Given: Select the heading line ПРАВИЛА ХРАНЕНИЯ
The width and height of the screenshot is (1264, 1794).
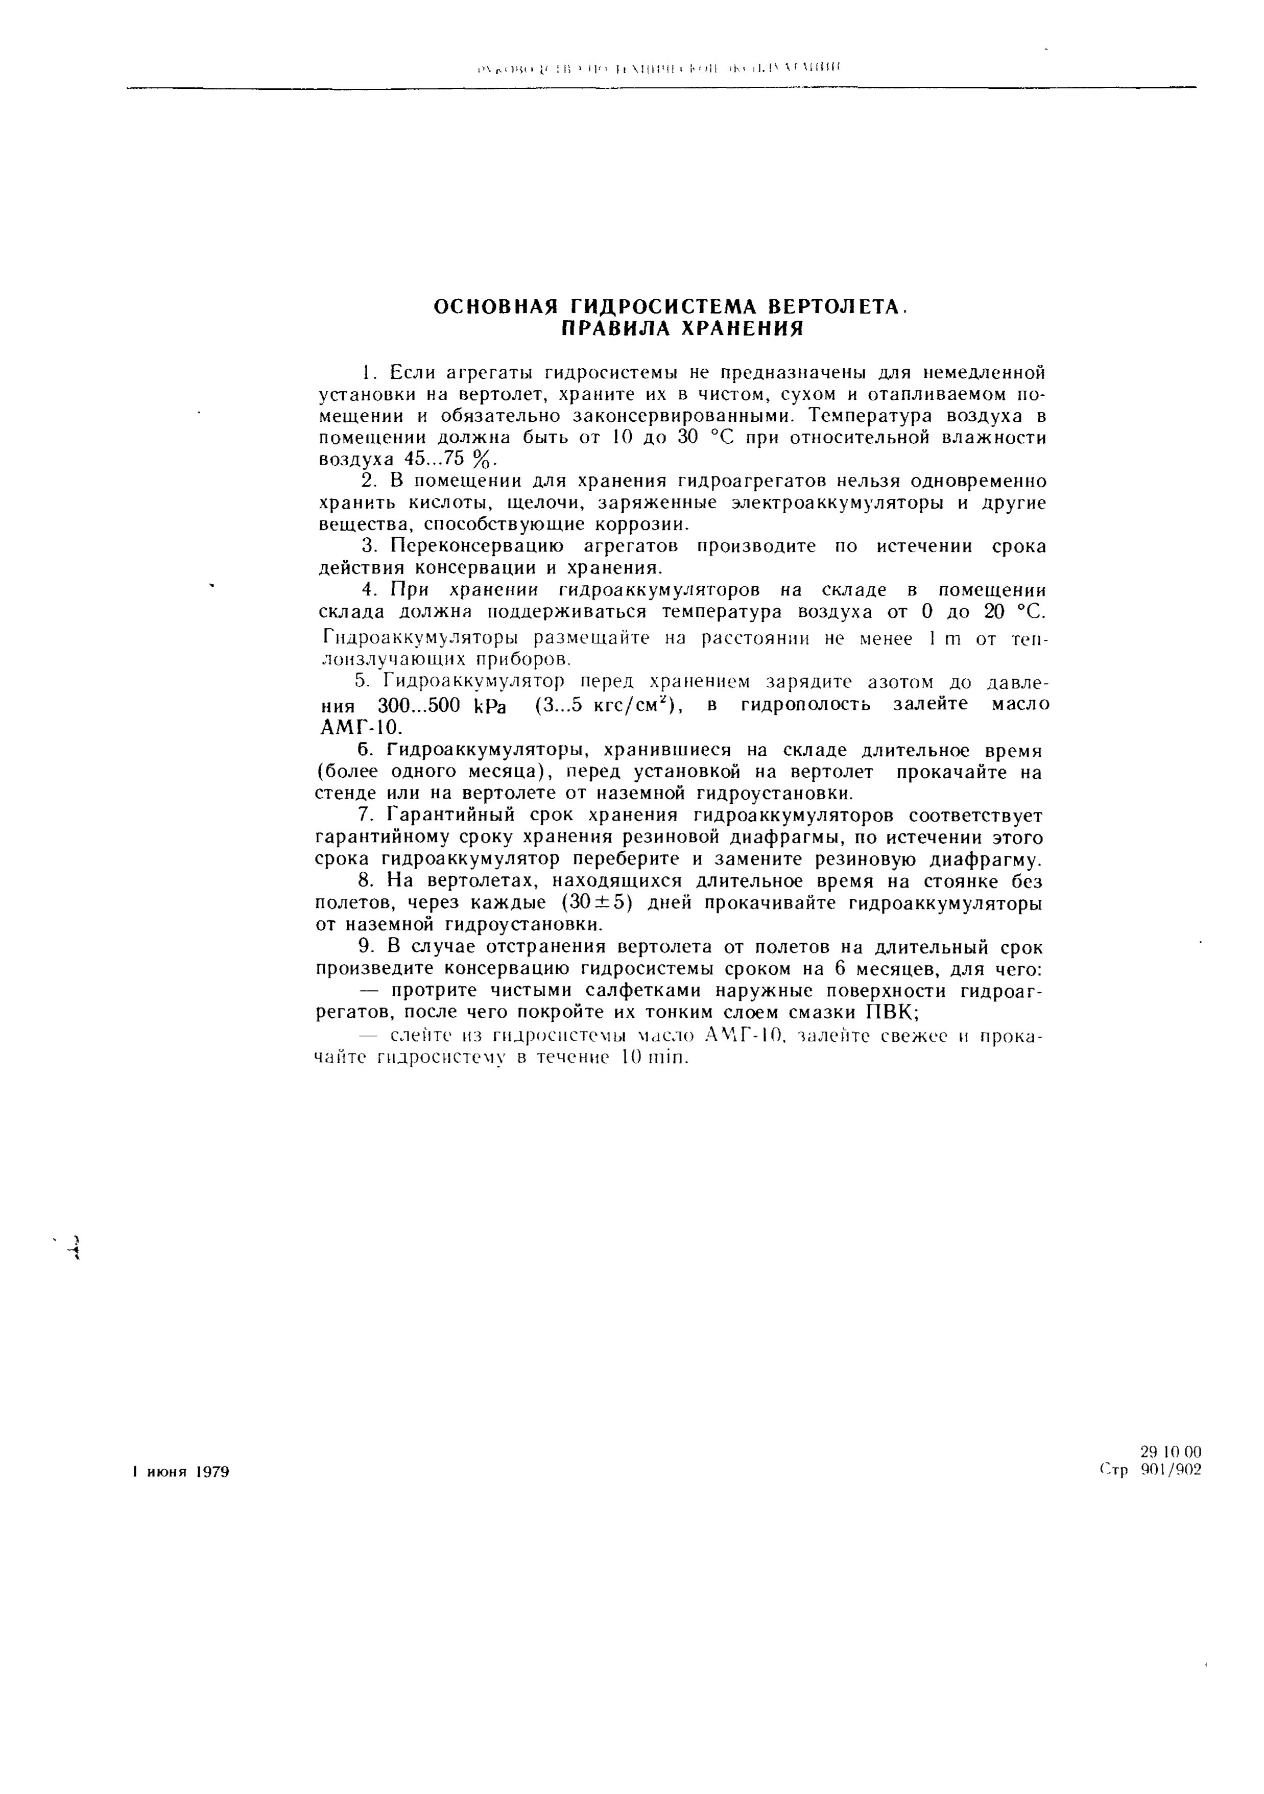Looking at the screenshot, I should (683, 329).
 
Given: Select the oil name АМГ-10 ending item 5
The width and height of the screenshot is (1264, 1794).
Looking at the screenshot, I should (360, 727).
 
